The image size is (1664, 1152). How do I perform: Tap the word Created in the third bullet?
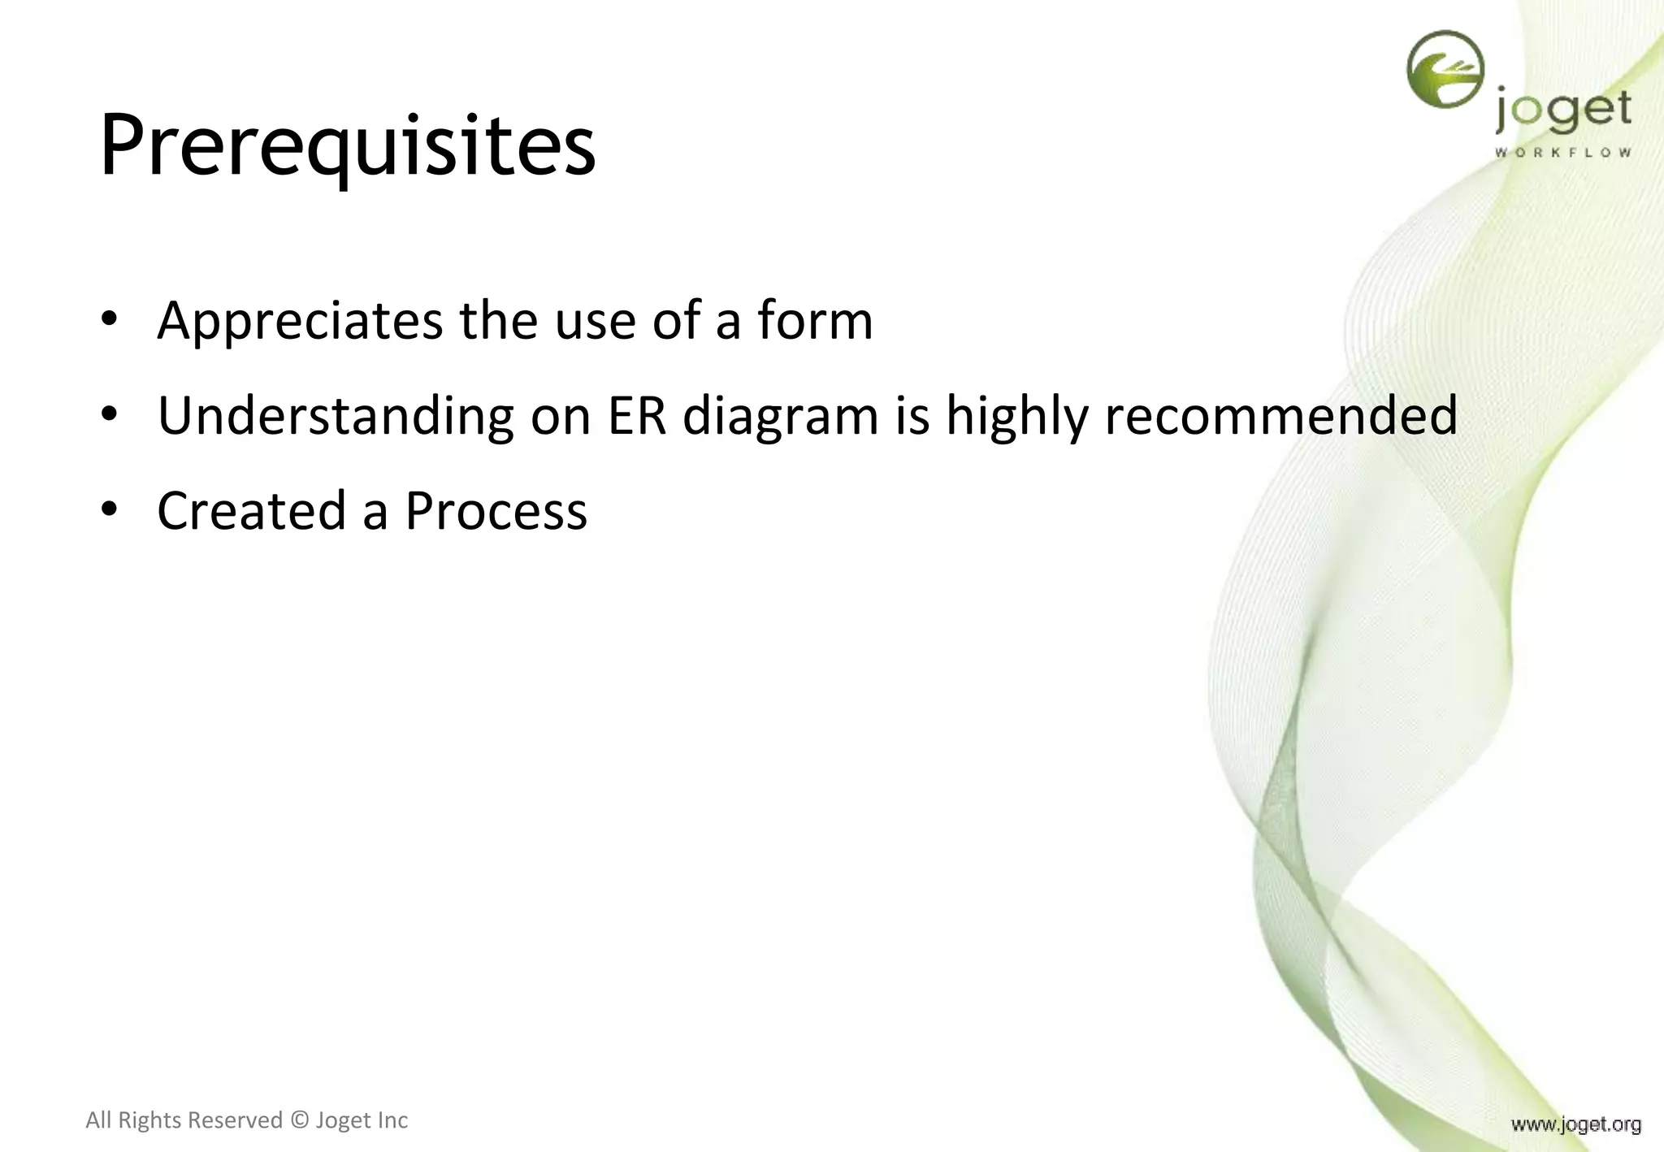pos(251,511)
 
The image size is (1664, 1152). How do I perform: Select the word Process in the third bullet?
pos(496,511)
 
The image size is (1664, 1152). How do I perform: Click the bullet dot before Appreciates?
pos(110,319)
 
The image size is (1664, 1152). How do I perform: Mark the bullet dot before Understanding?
pos(110,414)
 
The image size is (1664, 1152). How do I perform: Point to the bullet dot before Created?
pos(110,509)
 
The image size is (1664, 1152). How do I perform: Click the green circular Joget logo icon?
pos(1445,69)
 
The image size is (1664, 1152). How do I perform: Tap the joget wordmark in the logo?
pos(1562,112)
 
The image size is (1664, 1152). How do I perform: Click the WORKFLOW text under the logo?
pos(1562,152)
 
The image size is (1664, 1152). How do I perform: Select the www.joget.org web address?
pos(1575,1124)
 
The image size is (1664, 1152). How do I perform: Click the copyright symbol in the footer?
pos(299,1120)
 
